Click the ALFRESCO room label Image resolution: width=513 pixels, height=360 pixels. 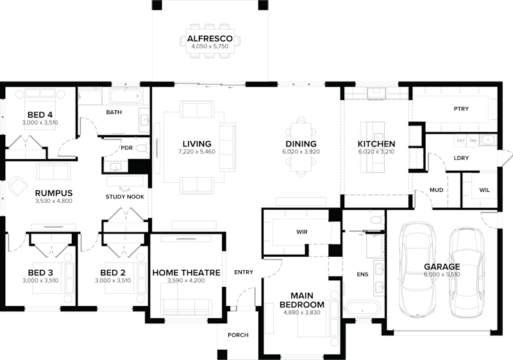206,39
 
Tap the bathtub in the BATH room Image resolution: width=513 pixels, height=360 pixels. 126,97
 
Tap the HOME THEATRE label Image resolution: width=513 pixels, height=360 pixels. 186,273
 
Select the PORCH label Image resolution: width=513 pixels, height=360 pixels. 238,335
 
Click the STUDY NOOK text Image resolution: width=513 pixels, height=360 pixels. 125,197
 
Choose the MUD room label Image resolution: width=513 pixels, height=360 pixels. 437,190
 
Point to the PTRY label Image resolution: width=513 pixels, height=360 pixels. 461,109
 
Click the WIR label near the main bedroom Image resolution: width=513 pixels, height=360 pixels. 303,231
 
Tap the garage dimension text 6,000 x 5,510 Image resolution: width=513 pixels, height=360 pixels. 442,275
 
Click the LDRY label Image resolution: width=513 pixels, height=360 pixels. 460,158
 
